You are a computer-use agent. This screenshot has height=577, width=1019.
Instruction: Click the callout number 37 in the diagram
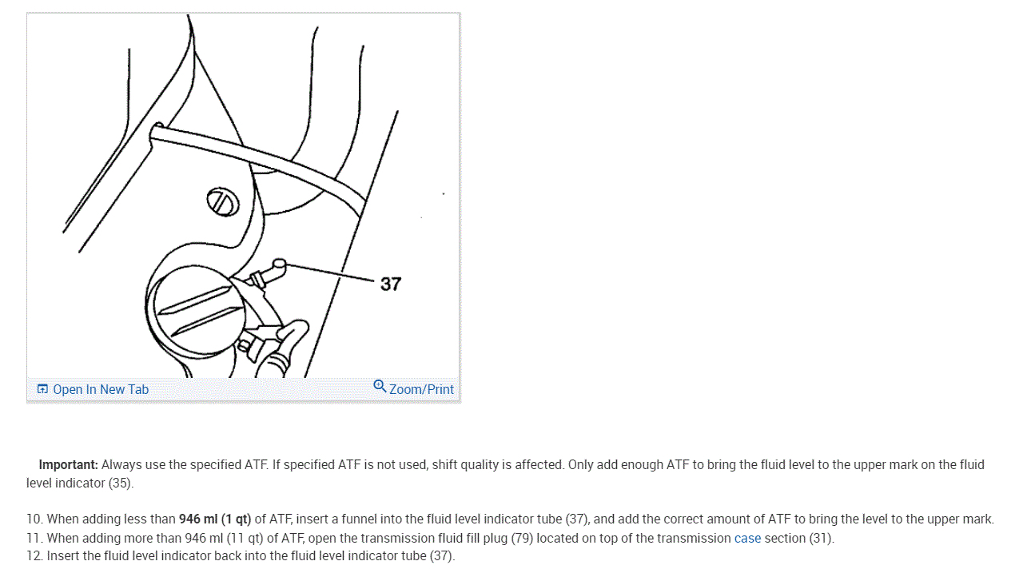(x=391, y=284)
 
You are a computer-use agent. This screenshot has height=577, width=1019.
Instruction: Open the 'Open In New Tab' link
(x=101, y=389)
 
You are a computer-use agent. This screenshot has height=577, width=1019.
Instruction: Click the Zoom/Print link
(x=421, y=389)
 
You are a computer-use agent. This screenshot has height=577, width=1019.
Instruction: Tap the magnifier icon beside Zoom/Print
(x=380, y=387)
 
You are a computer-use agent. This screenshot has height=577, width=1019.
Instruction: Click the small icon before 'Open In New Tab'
(x=42, y=389)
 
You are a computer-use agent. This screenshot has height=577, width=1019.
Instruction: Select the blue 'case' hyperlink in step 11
(x=747, y=538)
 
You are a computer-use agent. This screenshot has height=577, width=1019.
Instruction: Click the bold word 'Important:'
(x=68, y=464)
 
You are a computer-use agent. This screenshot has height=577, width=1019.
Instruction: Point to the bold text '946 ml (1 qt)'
(x=215, y=519)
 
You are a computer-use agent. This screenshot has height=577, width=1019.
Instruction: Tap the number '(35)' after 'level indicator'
(x=121, y=483)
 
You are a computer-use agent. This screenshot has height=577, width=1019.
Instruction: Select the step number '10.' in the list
(x=34, y=519)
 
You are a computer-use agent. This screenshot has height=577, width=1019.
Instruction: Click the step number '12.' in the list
(x=34, y=556)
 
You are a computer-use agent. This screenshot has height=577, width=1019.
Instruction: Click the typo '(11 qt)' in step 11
(x=233, y=538)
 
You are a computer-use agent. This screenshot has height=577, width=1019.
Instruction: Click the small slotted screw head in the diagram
(x=223, y=203)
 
